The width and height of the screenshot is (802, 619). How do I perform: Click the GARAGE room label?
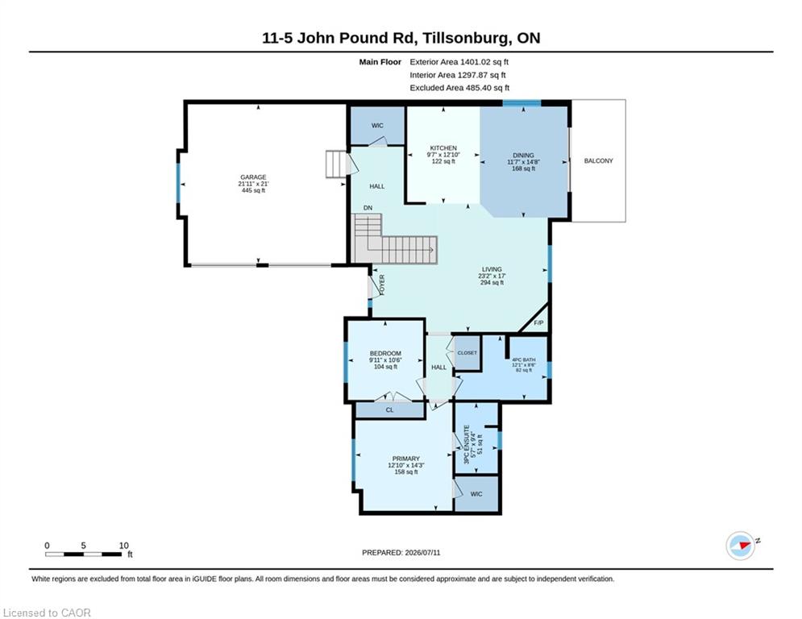[253, 177]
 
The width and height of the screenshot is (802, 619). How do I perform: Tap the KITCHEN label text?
[443, 147]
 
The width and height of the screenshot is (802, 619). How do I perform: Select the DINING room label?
[523, 155]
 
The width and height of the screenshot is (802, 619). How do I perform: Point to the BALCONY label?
[598, 160]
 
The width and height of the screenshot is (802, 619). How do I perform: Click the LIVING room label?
[492, 269]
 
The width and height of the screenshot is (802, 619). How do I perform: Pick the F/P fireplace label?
[538, 323]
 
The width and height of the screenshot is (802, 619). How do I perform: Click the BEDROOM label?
[385, 354]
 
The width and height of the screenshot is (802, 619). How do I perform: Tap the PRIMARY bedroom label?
[406, 459]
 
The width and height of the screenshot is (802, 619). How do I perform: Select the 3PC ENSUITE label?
[467, 445]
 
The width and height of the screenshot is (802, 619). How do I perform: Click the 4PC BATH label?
[524, 359]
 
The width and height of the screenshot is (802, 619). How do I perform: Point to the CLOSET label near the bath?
[467, 353]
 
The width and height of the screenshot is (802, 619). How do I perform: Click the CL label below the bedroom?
[390, 409]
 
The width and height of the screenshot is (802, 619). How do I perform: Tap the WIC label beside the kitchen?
[377, 126]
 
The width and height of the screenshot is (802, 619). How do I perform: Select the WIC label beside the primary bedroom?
[476, 494]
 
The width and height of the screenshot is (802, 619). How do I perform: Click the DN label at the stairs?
[368, 208]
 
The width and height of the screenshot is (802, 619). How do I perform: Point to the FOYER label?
[381, 285]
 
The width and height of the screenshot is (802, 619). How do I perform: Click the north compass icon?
[741, 546]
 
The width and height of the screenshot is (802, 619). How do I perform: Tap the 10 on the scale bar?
[124, 546]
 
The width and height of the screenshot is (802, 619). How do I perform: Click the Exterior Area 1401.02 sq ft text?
[459, 62]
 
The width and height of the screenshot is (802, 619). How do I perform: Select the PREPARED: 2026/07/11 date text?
[401, 552]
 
